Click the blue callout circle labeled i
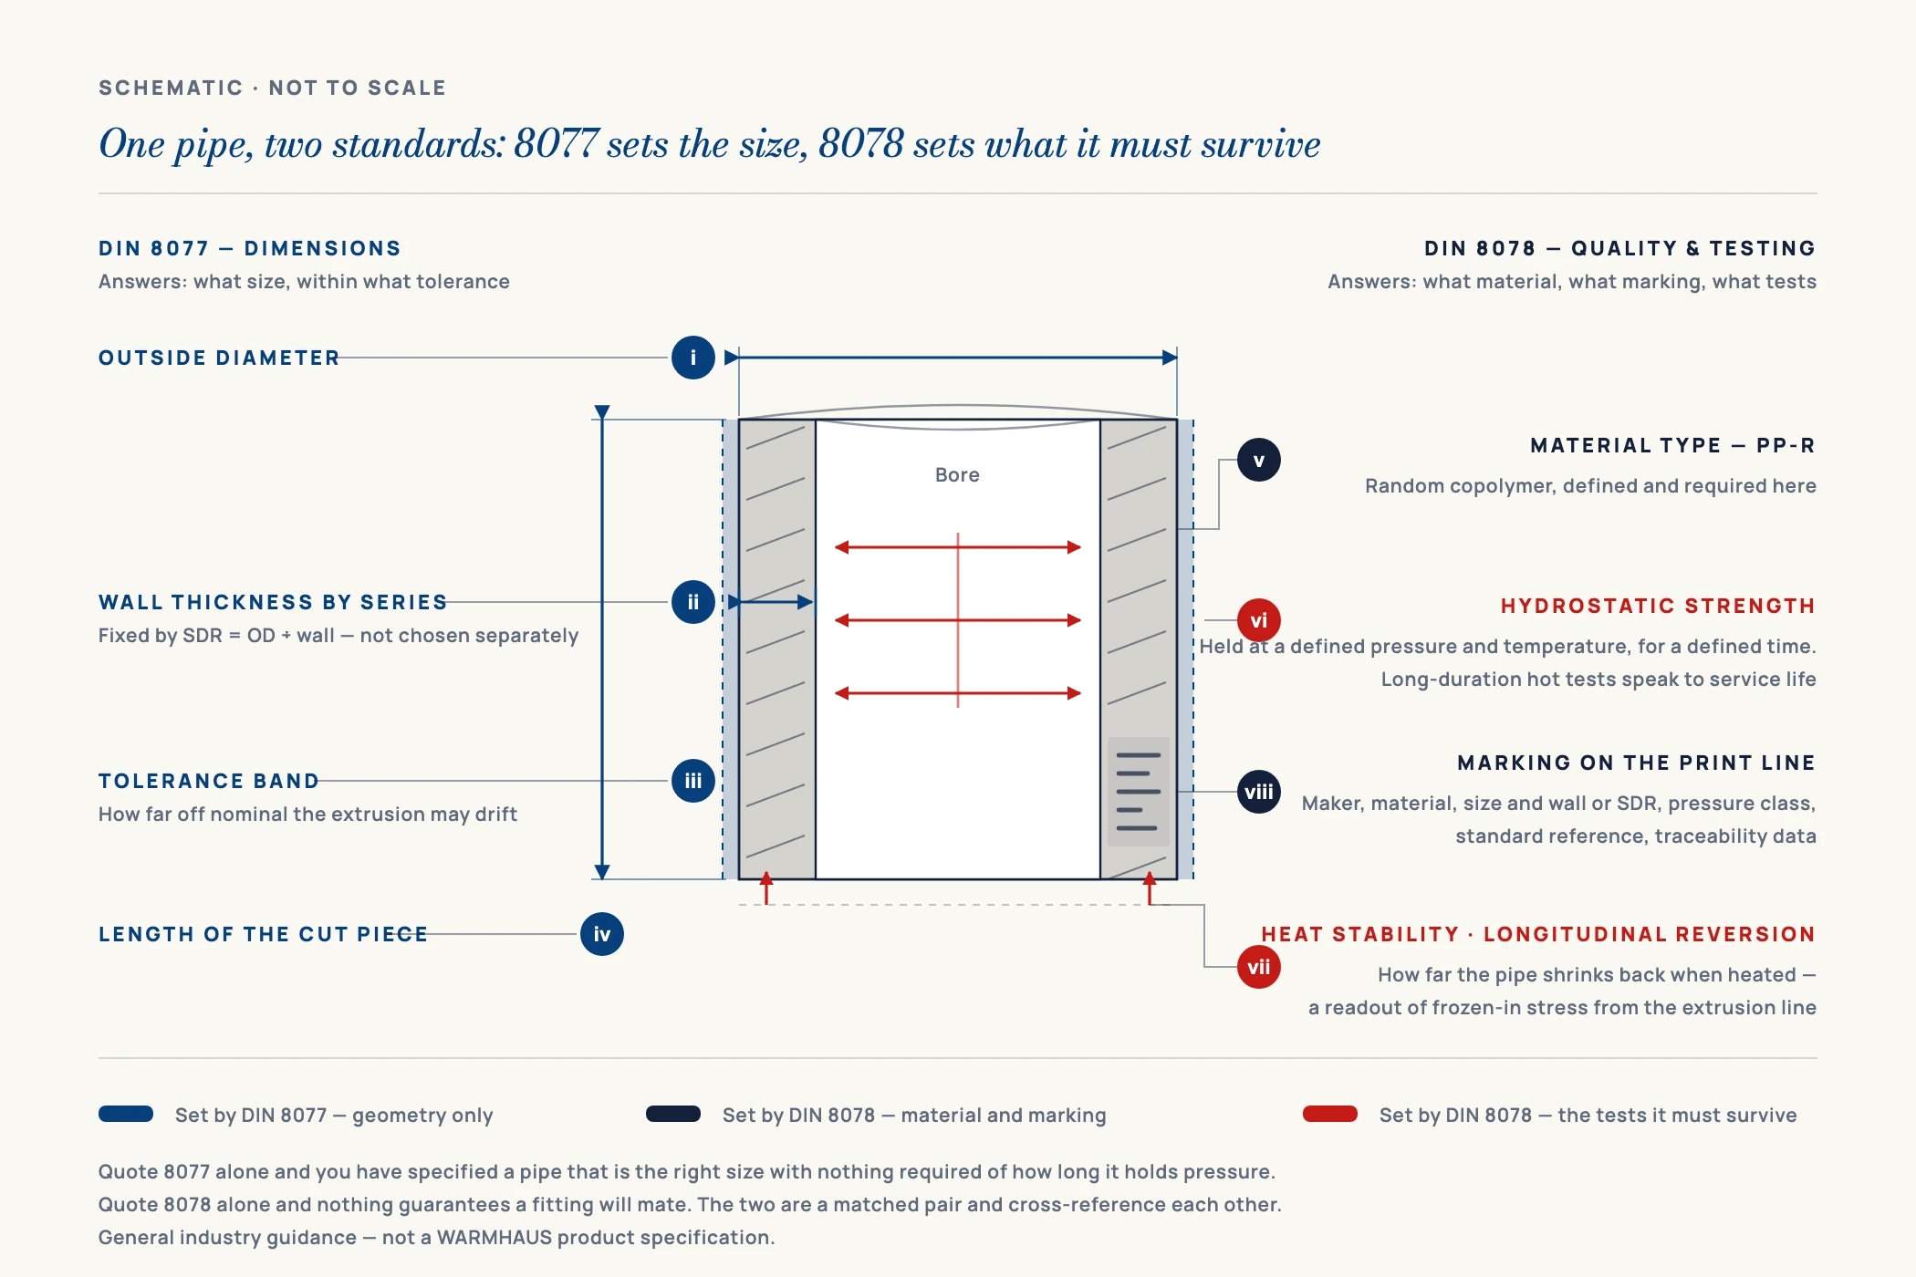[x=693, y=358]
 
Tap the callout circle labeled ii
[x=693, y=602]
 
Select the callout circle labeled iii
[x=693, y=781]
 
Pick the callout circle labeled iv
[x=602, y=934]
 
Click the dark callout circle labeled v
[x=1259, y=460]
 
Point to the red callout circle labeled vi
[x=1259, y=620]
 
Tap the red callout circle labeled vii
[x=1259, y=967]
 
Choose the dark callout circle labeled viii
[x=1259, y=792]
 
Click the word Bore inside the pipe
[x=957, y=474]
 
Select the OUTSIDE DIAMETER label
[x=219, y=358]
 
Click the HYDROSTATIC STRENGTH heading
[x=1658, y=606]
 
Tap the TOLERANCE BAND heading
[x=209, y=781]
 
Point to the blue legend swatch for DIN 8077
[x=126, y=1114]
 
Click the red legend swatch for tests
[x=1330, y=1114]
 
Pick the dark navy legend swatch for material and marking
[x=673, y=1114]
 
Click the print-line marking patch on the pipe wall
[x=1139, y=792]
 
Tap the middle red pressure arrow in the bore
[x=958, y=620]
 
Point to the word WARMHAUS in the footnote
[x=495, y=1238]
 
